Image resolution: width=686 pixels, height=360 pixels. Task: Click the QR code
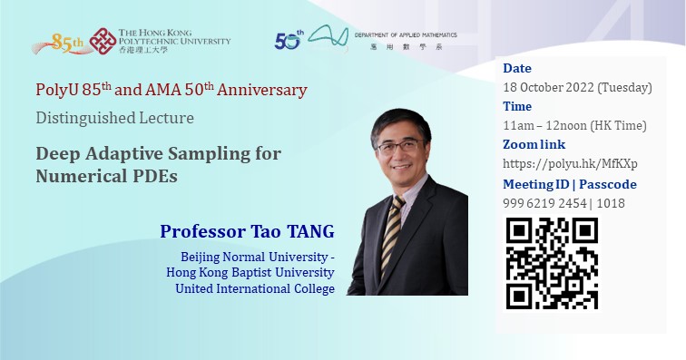coord(551,263)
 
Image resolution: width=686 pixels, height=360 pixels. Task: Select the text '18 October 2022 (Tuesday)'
coord(577,88)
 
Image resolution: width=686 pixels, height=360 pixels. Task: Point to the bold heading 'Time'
coord(517,107)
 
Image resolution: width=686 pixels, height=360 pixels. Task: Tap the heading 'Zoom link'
coord(534,145)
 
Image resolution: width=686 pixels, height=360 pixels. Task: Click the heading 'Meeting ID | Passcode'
coord(569,184)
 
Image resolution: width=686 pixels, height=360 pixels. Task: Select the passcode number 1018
coord(612,203)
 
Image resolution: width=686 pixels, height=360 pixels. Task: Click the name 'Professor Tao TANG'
coord(247,231)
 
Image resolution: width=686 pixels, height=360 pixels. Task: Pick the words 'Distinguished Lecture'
coord(114,118)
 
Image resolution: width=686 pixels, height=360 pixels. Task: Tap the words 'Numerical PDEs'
coord(106,176)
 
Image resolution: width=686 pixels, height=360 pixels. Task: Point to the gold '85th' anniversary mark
coord(69,42)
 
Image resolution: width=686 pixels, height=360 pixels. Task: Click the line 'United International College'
coord(255,288)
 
